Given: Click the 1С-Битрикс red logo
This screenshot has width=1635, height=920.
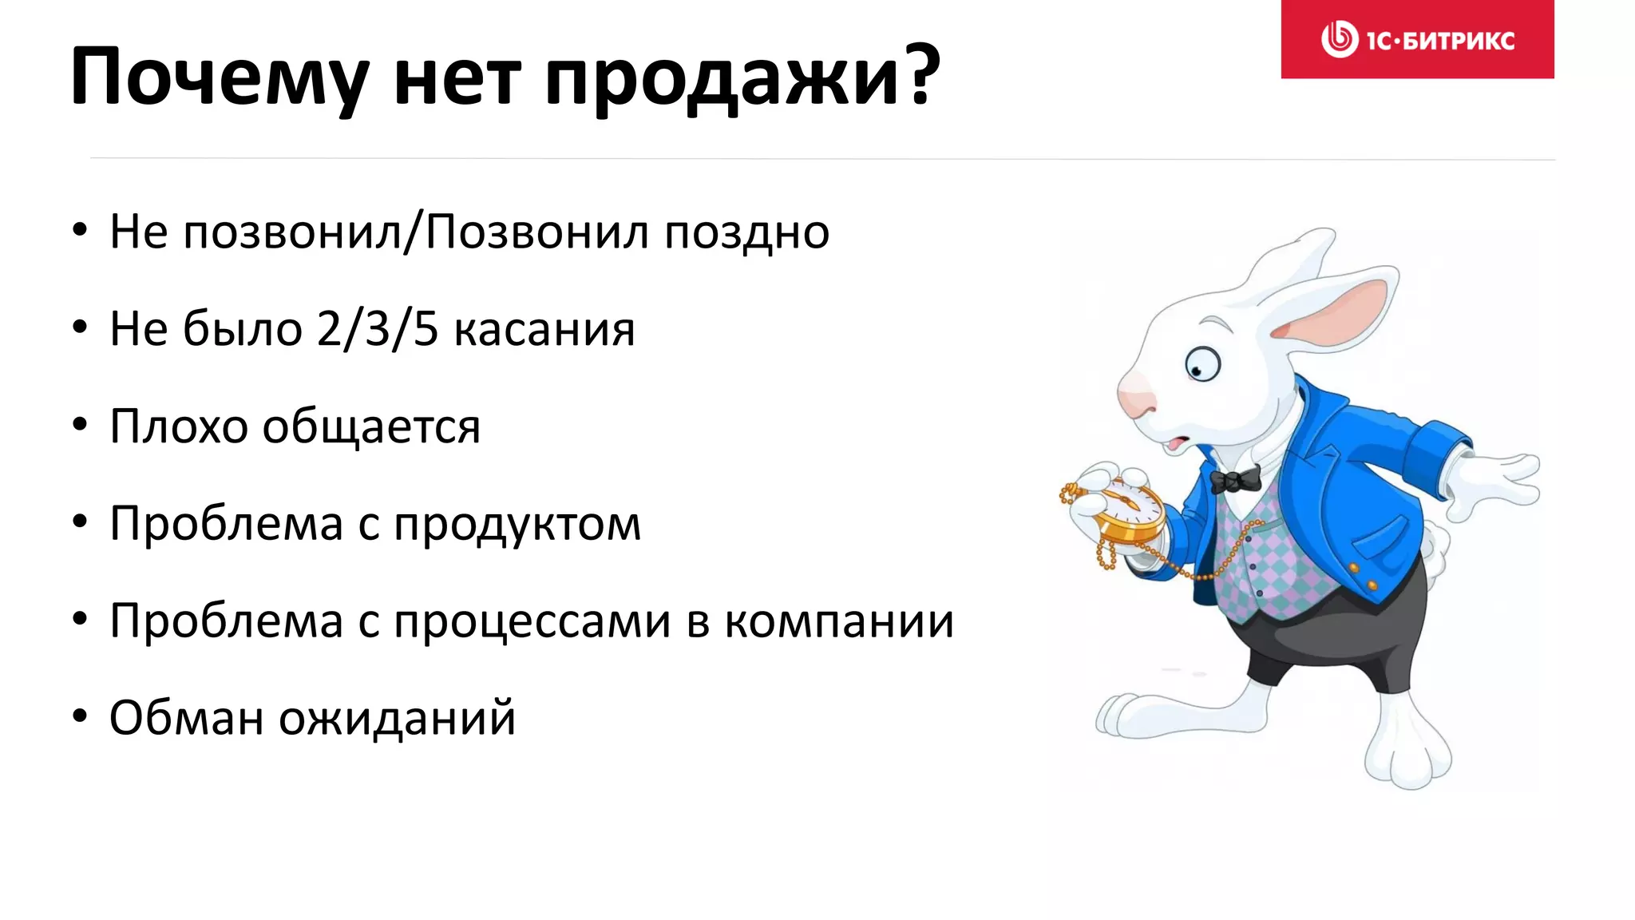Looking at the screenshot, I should (1417, 39).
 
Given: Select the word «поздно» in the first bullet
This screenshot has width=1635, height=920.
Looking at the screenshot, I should (746, 233).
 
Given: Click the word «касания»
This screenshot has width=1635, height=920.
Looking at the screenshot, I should (544, 330).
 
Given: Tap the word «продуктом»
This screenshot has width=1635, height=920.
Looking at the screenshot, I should (517, 525).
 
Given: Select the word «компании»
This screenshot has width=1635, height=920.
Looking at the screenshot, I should (839, 621).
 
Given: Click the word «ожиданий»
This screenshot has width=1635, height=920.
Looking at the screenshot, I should (397, 717).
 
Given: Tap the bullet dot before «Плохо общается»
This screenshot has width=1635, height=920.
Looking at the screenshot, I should (79, 425).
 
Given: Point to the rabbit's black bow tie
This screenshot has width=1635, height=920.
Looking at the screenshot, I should (1235, 480).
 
